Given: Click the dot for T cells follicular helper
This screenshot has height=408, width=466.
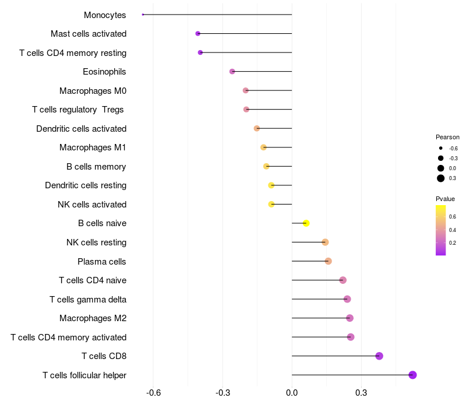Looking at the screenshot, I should click(412, 375).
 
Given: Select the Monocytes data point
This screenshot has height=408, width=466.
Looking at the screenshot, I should click(143, 15).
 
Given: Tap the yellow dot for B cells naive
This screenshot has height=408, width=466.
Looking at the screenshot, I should click(306, 223).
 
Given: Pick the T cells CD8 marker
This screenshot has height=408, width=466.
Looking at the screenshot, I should click(379, 356).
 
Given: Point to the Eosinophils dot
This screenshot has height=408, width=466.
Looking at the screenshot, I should click(232, 72).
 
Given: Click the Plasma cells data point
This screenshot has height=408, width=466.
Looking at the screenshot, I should click(328, 261).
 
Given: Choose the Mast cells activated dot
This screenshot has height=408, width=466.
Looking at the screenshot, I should click(197, 34).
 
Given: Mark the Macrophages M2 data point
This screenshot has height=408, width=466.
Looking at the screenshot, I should click(349, 318).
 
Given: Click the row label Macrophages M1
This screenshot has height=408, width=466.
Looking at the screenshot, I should click(93, 147).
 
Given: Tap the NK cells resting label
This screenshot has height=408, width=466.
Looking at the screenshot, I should click(96, 242).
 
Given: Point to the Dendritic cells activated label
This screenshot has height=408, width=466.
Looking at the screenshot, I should click(81, 129).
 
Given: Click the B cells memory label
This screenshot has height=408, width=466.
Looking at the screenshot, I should click(96, 167).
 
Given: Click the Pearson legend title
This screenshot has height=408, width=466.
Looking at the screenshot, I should click(447, 137).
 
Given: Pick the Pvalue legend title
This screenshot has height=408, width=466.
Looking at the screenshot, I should click(445, 199).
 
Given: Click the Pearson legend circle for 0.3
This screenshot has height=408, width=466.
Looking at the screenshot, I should click(441, 178).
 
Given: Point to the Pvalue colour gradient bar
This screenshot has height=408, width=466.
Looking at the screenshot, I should click(441, 230).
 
